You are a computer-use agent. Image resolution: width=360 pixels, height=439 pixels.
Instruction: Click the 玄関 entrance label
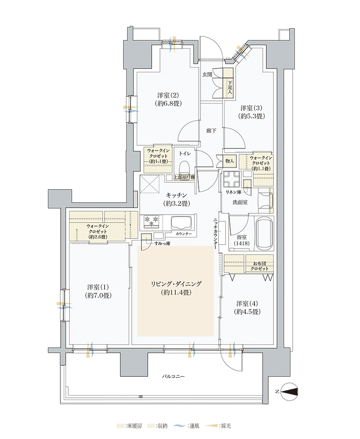[x=207, y=75]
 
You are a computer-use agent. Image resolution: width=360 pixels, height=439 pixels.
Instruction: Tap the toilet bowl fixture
[x=185, y=167]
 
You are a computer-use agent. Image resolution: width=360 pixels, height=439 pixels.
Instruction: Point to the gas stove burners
[x=151, y=221]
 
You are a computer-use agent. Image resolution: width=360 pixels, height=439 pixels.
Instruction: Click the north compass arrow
[x=289, y=392]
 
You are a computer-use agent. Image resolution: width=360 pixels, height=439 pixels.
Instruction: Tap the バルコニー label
[x=173, y=377]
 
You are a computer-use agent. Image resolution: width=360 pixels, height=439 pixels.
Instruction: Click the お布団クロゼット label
[x=259, y=266]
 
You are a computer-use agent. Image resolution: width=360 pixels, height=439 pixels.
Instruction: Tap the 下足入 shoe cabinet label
[x=230, y=87]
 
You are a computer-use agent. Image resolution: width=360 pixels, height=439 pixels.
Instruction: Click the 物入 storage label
[x=229, y=161]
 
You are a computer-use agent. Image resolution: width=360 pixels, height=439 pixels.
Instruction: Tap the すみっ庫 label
[x=162, y=244]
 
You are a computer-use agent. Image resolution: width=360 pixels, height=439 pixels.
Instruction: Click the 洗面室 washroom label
[x=240, y=202]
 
